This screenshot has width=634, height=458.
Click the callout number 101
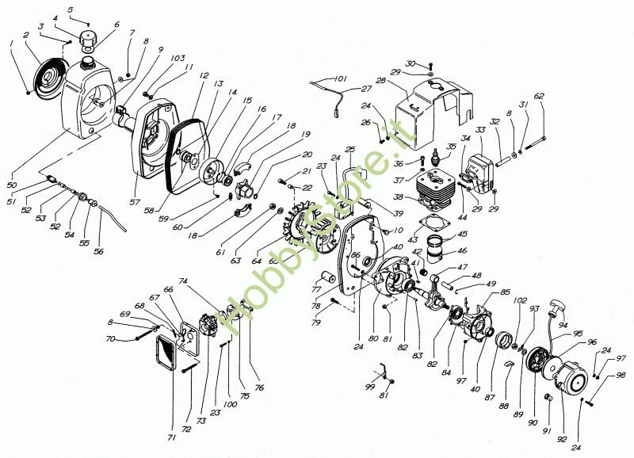click(x=342, y=78)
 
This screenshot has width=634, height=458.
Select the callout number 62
click(x=539, y=96)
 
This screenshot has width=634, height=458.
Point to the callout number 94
click(x=563, y=324)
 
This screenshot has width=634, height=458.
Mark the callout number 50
click(x=12, y=185)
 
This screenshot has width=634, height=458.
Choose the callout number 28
click(x=380, y=82)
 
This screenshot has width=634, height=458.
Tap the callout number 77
click(x=315, y=290)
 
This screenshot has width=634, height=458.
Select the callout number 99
click(x=369, y=386)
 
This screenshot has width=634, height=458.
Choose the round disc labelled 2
click(x=49, y=75)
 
